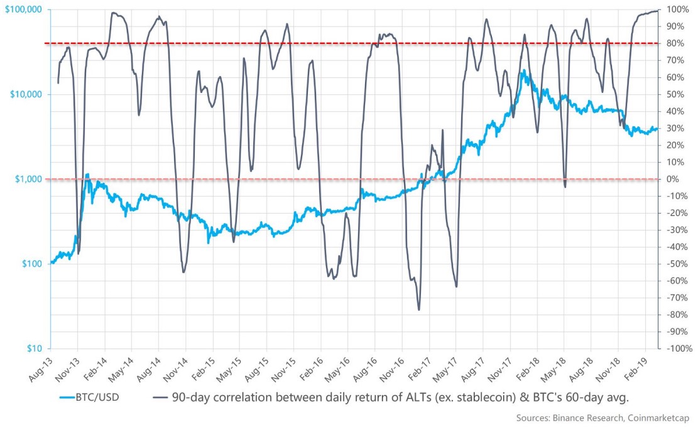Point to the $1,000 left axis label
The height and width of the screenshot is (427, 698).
point(30,179)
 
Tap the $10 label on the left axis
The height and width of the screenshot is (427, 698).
point(35,349)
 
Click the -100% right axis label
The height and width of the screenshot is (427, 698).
point(679,349)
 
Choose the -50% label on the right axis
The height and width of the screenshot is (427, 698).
point(677,264)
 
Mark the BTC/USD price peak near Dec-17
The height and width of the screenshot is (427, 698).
point(523,70)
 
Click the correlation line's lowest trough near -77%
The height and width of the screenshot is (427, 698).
point(418,310)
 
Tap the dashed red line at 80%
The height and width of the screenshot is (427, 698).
point(314,43)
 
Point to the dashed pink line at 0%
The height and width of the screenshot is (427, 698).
point(314,179)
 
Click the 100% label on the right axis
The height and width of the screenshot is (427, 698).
point(675,9)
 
